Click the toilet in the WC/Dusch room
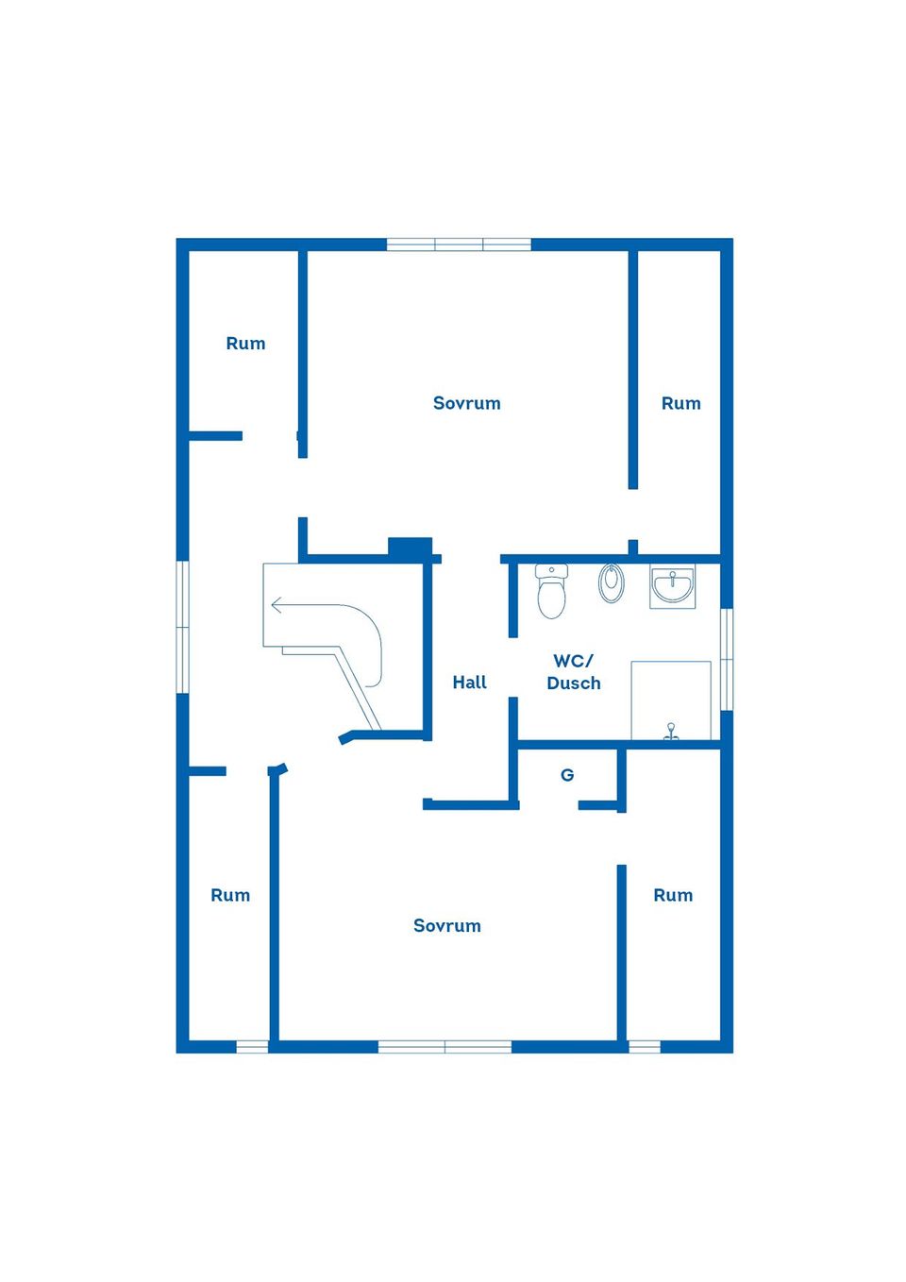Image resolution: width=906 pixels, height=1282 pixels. click(551, 591)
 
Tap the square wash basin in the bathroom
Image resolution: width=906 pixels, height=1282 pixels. click(672, 586)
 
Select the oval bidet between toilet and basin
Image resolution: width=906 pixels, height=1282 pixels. click(611, 583)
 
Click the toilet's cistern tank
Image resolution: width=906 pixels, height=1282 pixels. click(551, 570)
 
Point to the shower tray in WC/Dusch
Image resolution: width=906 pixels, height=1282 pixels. click(671, 700)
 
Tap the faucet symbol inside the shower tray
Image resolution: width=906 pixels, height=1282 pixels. click(671, 732)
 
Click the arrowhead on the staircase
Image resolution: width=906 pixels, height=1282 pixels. click(277, 605)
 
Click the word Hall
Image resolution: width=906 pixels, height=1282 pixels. click(470, 683)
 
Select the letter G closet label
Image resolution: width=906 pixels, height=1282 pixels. click(567, 775)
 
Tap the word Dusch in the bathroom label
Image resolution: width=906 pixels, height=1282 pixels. click(574, 683)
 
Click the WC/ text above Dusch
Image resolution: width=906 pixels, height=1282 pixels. click(574, 661)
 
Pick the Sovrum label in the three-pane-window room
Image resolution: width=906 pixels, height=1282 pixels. click(467, 403)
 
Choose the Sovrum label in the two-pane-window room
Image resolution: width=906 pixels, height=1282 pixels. click(447, 925)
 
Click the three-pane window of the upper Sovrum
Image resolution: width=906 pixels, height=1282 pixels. click(459, 245)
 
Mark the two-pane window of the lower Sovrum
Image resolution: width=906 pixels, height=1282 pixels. click(445, 1047)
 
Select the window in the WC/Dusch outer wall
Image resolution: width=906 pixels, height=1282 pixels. click(727, 659)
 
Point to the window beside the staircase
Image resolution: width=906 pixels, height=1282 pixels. click(182, 627)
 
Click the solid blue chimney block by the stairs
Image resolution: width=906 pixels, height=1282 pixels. click(411, 547)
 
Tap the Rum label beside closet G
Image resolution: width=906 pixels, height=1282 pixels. click(673, 895)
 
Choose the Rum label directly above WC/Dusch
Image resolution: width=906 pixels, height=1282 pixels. click(681, 403)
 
